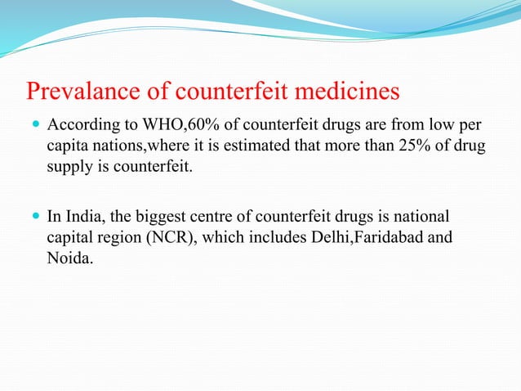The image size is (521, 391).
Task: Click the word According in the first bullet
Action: pos(79,127)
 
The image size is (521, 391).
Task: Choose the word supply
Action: pos(68,167)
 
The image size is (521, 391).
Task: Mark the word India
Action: pos(79,217)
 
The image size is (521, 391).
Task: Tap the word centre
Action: pos(216,217)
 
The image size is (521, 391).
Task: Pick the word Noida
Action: pos(67,258)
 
